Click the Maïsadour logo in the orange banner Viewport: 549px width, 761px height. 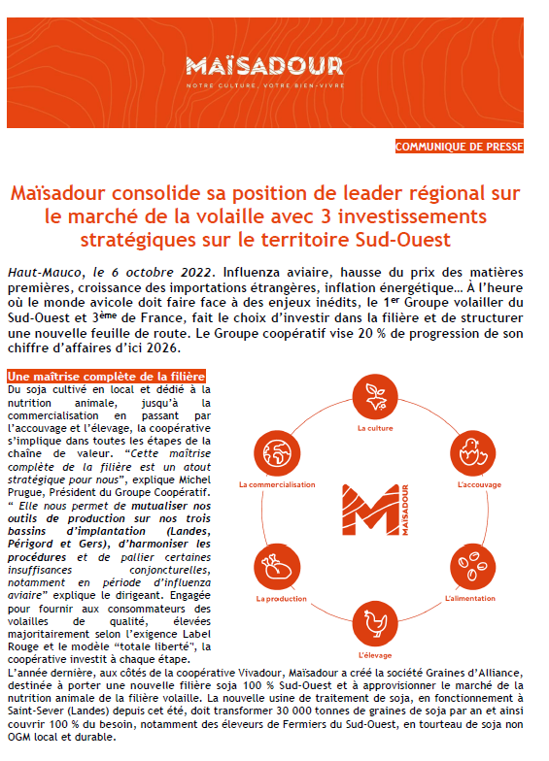(x=264, y=69)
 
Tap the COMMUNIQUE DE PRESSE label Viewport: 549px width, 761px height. (x=459, y=147)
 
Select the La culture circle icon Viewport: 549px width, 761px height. (x=373, y=397)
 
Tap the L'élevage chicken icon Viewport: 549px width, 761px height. (x=373, y=620)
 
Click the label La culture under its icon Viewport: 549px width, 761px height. (x=373, y=427)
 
